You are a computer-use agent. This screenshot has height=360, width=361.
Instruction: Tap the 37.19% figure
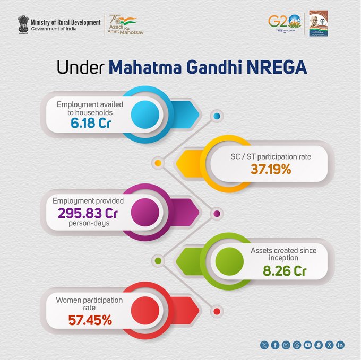tap(271, 170)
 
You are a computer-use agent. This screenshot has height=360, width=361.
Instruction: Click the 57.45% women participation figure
tap(90, 320)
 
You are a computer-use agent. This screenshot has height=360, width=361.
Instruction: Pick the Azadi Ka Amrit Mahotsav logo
tap(122, 24)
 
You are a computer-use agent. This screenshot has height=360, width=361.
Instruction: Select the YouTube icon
tap(308, 345)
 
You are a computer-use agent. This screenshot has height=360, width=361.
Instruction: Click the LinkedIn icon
tap(340, 345)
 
